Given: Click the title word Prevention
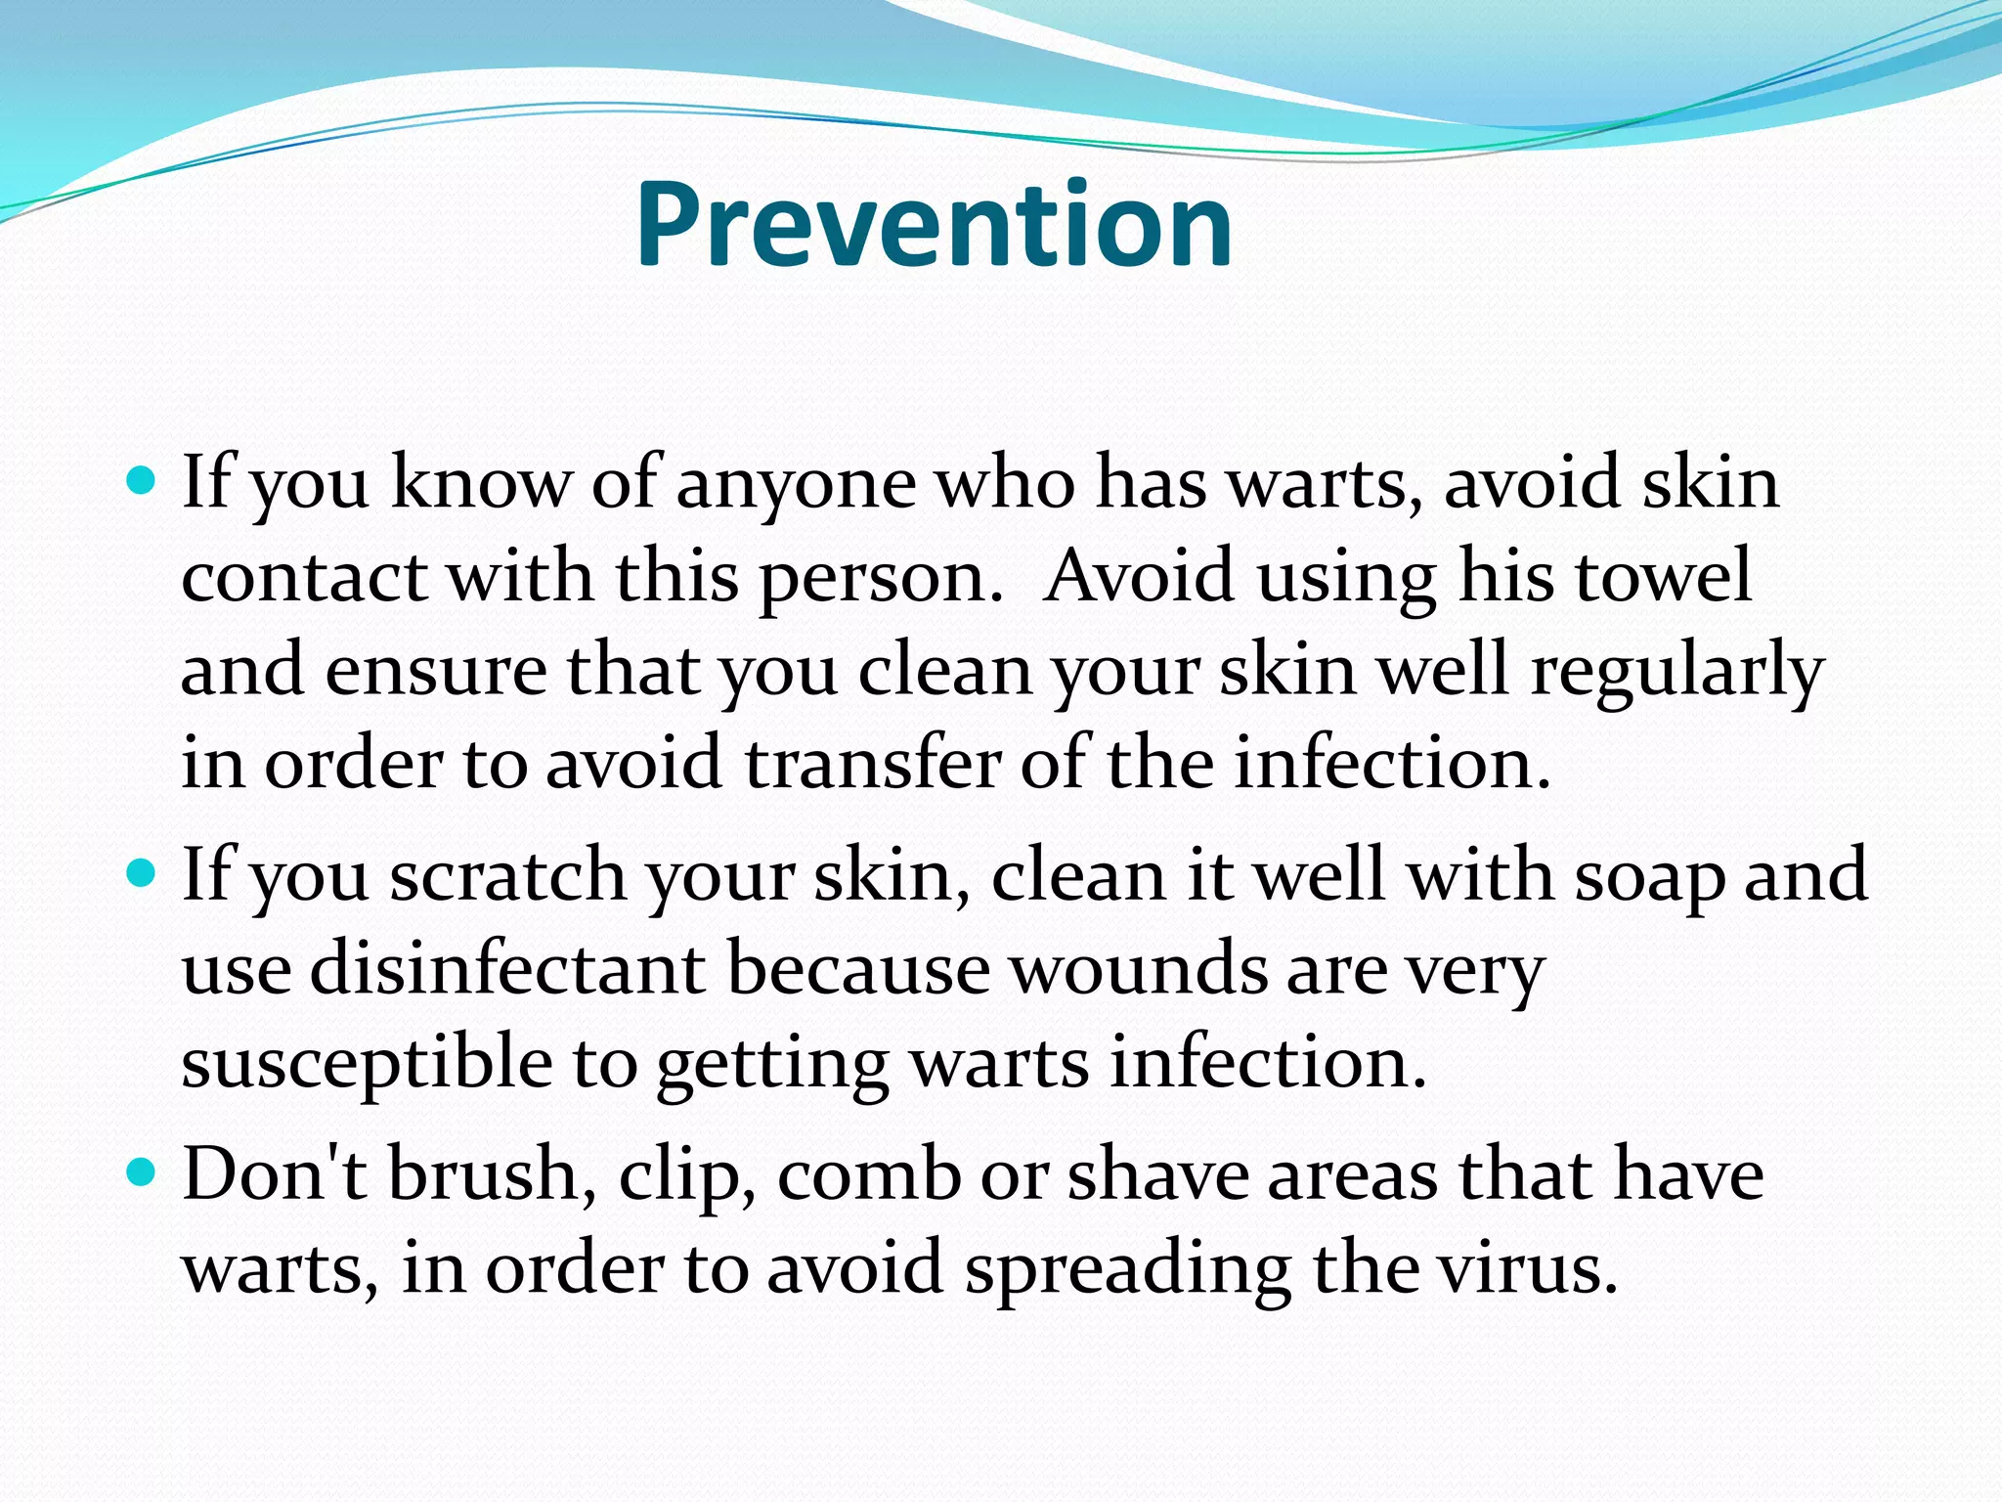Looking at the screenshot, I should point(934,225).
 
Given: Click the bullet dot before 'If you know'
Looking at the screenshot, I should point(143,481).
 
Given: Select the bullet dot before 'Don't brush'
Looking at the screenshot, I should point(143,1171).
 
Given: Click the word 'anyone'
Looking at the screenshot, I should point(796,486).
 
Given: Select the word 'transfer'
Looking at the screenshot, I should point(873,764).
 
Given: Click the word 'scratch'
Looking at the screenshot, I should point(508,876).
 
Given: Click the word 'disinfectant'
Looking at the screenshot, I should point(508,969).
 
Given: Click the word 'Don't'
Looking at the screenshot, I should point(275,1173).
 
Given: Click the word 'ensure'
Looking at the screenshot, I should point(436,673).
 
